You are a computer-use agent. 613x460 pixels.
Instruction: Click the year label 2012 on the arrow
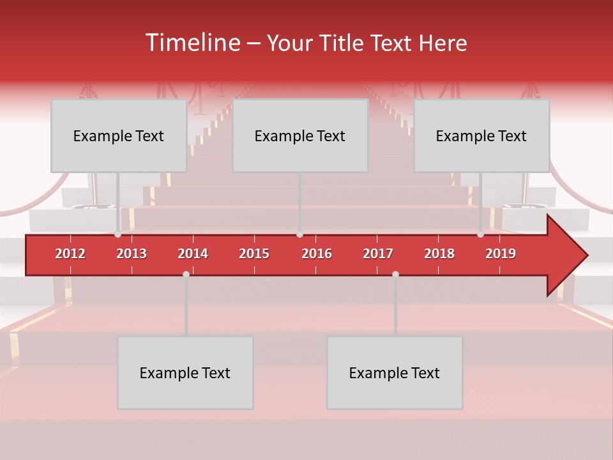(x=70, y=254)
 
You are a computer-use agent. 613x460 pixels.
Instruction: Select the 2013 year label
(x=132, y=254)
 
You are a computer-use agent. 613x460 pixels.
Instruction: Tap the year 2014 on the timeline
(x=193, y=254)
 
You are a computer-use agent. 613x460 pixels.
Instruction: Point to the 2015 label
(x=254, y=254)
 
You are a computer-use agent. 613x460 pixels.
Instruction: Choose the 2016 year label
(x=317, y=254)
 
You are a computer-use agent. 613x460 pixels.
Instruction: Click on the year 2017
(x=378, y=254)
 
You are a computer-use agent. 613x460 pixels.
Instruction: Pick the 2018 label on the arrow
(x=439, y=254)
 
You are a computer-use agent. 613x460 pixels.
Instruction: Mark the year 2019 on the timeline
(x=501, y=254)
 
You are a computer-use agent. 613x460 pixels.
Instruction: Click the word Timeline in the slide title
(x=193, y=43)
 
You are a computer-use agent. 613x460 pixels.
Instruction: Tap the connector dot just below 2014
(x=186, y=274)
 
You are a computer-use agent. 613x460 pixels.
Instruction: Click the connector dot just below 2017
(x=395, y=274)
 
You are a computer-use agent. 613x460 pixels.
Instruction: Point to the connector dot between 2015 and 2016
(x=300, y=234)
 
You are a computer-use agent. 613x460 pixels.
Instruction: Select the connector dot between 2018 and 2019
(x=481, y=234)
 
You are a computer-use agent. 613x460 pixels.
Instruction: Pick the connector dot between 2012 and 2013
(x=118, y=234)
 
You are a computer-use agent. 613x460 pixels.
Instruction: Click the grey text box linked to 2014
(x=185, y=372)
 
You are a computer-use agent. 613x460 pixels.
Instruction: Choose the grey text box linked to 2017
(x=395, y=372)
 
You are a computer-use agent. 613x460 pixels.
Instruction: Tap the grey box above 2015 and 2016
(x=300, y=135)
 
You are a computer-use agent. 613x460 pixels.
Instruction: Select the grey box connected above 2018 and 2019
(x=481, y=135)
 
